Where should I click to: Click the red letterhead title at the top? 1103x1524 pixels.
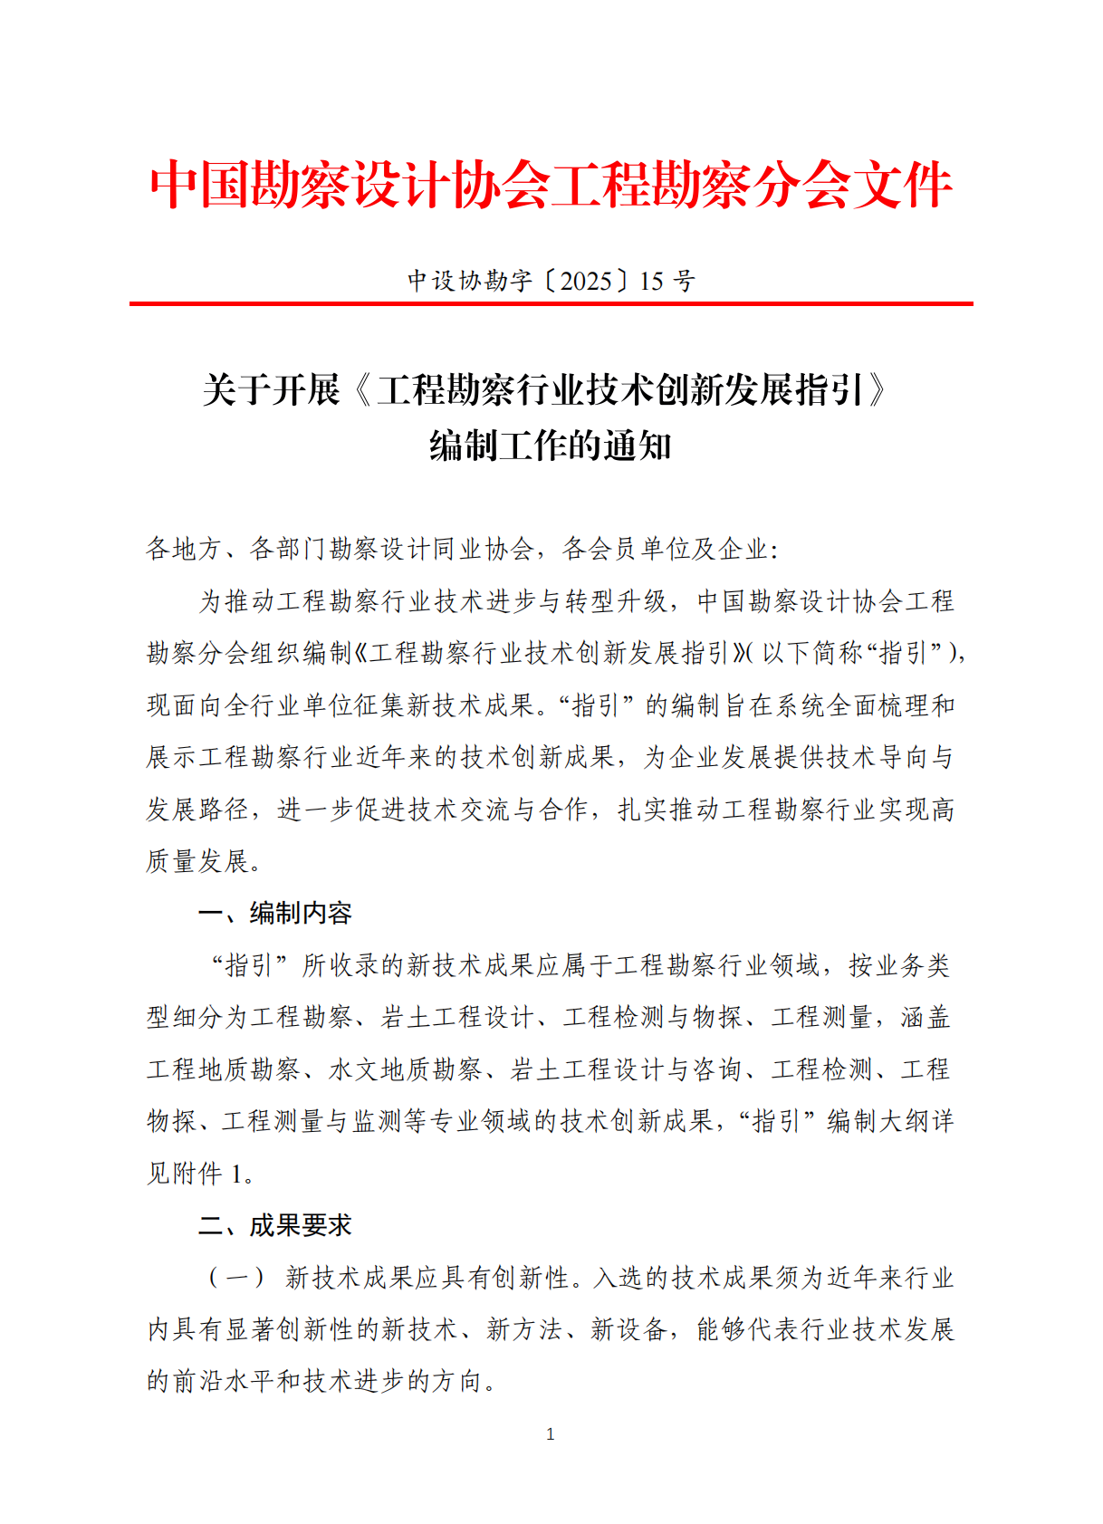coord(551,186)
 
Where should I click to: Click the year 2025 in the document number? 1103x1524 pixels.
coord(586,281)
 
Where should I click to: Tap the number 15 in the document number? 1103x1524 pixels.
coord(651,281)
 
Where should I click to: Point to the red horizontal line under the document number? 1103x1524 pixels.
coord(551,303)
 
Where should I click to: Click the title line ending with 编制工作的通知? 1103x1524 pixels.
coord(551,446)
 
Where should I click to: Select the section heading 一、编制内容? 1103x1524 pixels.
coord(275,913)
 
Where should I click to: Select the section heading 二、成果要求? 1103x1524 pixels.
coord(275,1225)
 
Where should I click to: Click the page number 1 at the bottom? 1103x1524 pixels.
coord(551,1433)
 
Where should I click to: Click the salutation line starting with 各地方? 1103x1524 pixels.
coord(462,549)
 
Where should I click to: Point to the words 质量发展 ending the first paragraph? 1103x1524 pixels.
coord(197,861)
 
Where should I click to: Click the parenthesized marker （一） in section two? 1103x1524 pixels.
coord(237,1278)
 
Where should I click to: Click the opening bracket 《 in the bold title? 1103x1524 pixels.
coord(360,390)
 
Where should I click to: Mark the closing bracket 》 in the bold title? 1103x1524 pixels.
coord(877,390)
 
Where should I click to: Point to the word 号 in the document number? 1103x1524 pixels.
coord(685,281)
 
